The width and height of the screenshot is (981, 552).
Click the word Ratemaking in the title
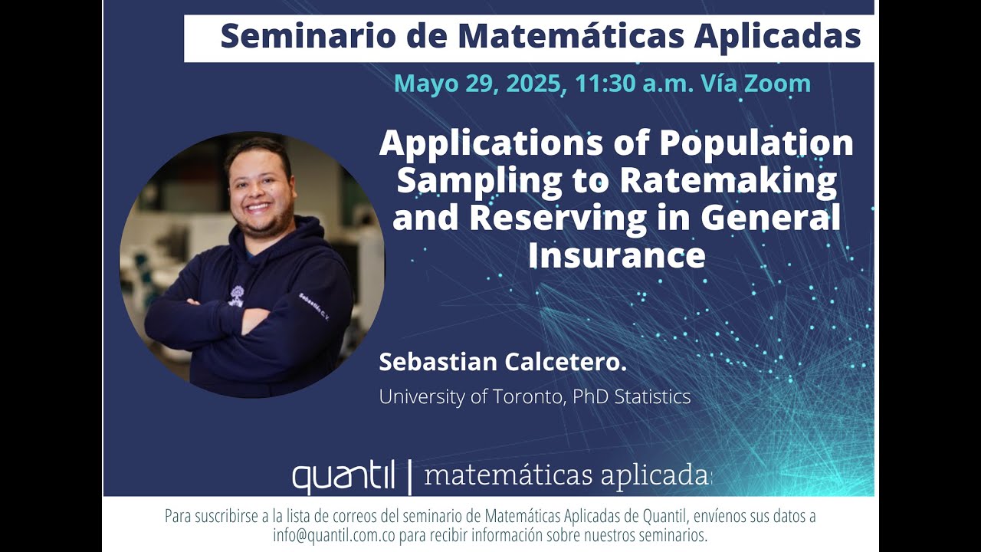(728, 181)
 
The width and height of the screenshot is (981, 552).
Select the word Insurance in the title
(616, 255)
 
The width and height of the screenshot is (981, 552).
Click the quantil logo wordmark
(343, 478)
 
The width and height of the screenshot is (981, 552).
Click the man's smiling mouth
(258, 208)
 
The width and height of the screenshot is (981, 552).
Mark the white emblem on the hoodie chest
(236, 296)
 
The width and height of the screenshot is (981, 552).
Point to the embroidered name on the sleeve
(313, 305)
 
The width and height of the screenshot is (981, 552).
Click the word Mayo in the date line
(426, 84)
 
